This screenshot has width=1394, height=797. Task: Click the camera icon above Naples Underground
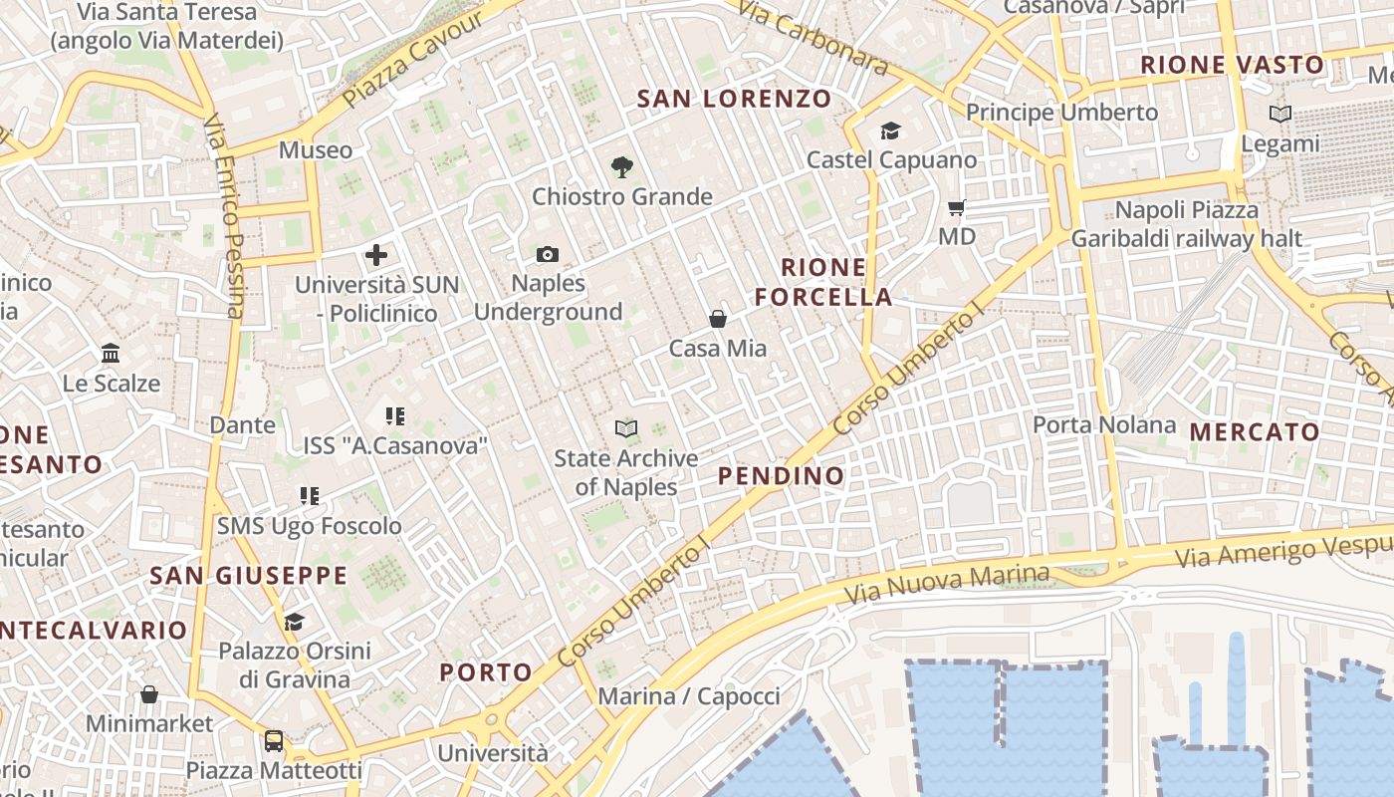coord(547,255)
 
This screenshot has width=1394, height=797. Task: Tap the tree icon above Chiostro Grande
coord(622,167)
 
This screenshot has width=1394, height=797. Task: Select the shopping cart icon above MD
coord(957,208)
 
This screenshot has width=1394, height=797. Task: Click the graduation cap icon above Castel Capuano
coord(890,131)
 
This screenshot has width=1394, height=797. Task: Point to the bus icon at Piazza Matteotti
coord(273,741)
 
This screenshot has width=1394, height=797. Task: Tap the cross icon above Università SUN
coord(376,255)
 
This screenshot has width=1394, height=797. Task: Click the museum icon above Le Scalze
coord(111,354)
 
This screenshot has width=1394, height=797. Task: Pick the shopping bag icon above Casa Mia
coord(717,319)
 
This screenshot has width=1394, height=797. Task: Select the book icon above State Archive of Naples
coord(625,429)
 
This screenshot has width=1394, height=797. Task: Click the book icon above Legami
coord(1280,115)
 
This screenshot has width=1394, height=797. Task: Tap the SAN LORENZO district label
coord(734,99)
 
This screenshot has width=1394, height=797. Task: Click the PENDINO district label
coord(782,476)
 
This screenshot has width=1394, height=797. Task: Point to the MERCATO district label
coord(1255,432)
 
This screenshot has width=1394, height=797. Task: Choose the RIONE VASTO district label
coord(1233,66)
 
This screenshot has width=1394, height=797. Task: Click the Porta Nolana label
coord(1104,425)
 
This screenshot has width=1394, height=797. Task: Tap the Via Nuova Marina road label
coord(947,584)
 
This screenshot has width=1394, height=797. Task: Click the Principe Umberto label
coord(1061,112)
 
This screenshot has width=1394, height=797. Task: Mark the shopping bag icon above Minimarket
coord(149,693)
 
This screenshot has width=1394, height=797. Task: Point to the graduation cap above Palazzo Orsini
coord(294,623)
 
